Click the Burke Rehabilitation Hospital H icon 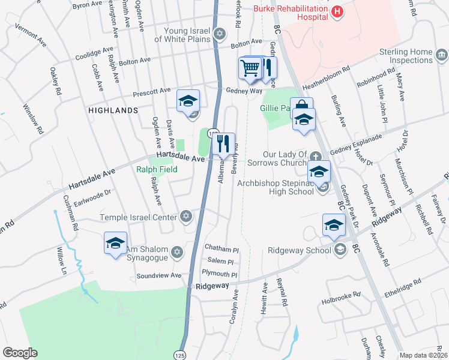pos(338,11)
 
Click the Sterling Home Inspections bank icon pos(441,56)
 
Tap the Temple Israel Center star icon pos(186,217)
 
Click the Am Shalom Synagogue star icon pos(176,251)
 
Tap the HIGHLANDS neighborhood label pos(113,110)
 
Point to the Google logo pos(20,353)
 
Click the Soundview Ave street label pos(158,275)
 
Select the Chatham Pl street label pos(221,247)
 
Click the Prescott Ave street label pos(152,91)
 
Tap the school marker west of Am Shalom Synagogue pos(115,243)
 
